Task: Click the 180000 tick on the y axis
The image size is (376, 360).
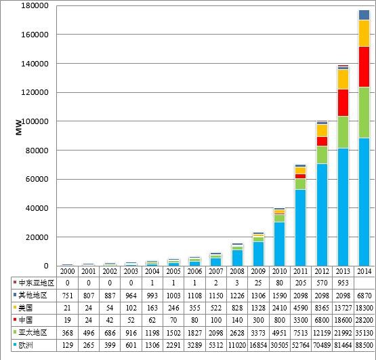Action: tap(32, 5)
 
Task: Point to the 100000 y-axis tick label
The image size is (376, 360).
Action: tap(32, 121)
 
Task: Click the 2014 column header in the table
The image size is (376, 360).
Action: tap(363, 271)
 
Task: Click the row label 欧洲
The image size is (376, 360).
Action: tap(27, 347)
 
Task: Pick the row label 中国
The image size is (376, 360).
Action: tap(27, 320)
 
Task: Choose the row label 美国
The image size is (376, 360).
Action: tap(27, 307)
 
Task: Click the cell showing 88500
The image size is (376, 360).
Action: tap(363, 347)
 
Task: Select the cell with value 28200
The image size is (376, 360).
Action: tap(363, 320)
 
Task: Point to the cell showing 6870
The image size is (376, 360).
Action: tap(363, 294)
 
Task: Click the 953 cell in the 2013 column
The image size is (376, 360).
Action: tap(343, 281)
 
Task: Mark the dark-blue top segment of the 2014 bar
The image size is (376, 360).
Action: tap(363, 15)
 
